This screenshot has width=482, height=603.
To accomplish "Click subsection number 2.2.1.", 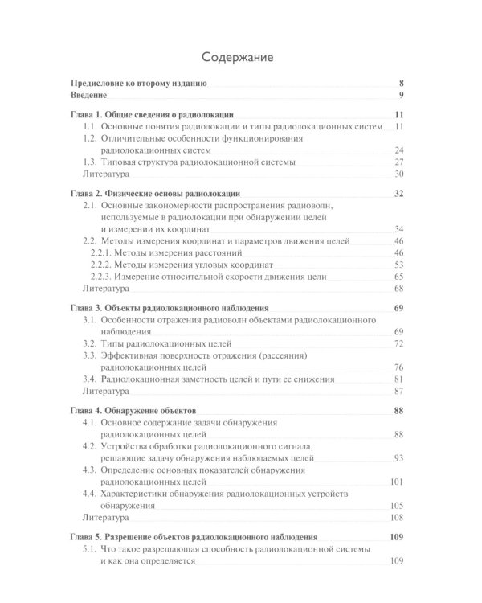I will pos(102,252).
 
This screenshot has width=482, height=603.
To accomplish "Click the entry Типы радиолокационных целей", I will pos(161,343).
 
